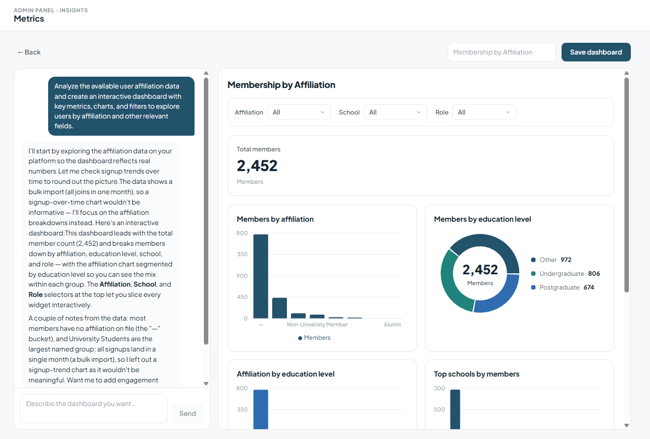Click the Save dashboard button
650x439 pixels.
click(x=596, y=52)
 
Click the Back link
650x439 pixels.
click(x=29, y=52)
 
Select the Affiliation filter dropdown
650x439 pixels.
click(x=299, y=113)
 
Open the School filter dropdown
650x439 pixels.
click(x=395, y=113)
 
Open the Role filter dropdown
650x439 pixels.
click(x=484, y=113)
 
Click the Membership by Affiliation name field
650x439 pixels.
click(x=502, y=52)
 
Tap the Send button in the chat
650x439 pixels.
click(x=188, y=413)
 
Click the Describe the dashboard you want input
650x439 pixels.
click(x=94, y=409)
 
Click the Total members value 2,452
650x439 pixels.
click(x=257, y=166)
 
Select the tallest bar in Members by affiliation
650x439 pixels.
click(x=260, y=276)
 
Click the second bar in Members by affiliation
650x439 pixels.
click(x=280, y=308)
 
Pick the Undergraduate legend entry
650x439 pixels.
click(x=565, y=273)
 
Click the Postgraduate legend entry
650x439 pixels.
click(x=563, y=288)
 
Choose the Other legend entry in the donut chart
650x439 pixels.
click(x=551, y=260)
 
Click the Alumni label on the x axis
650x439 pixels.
click(x=393, y=324)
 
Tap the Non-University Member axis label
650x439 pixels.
click(x=317, y=324)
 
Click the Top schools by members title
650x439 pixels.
click(x=477, y=374)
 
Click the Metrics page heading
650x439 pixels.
click(x=28, y=19)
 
